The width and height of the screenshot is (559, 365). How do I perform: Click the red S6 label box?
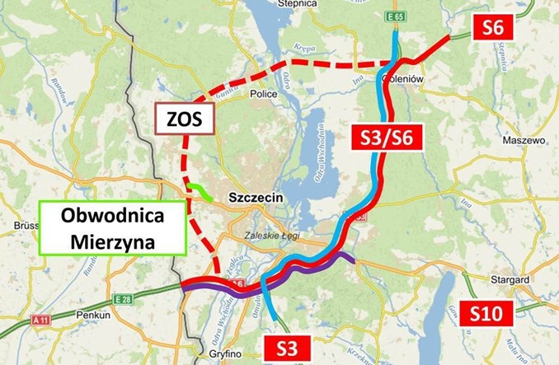(x=493, y=28)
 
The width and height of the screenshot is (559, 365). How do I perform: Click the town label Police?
(x=261, y=94)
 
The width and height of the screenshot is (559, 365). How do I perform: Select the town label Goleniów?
(x=405, y=80)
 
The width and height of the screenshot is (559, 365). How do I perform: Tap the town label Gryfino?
(x=215, y=354)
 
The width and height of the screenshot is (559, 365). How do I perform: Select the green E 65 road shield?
(x=398, y=16)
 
